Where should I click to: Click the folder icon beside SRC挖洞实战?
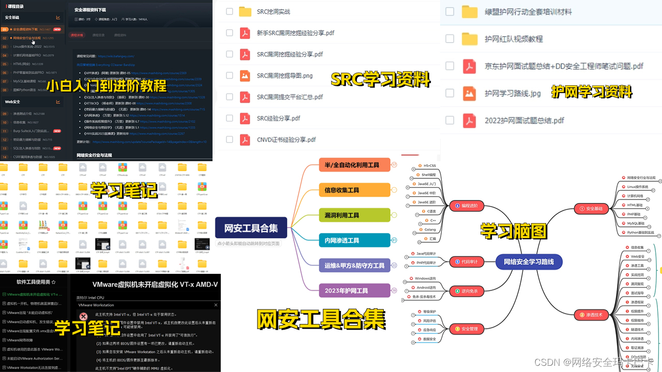coord(245,11)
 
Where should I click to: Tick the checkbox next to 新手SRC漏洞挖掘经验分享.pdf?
coord(230,33)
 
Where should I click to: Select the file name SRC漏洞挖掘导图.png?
coord(284,75)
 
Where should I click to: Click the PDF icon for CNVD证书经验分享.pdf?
coord(245,139)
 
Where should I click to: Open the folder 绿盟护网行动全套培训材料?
coord(528,11)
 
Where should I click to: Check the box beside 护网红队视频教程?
coord(450,39)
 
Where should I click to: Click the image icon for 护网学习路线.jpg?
coord(469,94)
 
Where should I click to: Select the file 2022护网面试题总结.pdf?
coord(524,120)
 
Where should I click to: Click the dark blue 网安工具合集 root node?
coord(251,228)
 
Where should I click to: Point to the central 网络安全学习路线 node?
coord(529,262)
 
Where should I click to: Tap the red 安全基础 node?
coord(592,209)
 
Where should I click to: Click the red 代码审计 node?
coord(467,262)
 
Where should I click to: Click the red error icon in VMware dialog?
coord(83,316)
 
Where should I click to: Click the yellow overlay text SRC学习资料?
coord(380,80)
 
